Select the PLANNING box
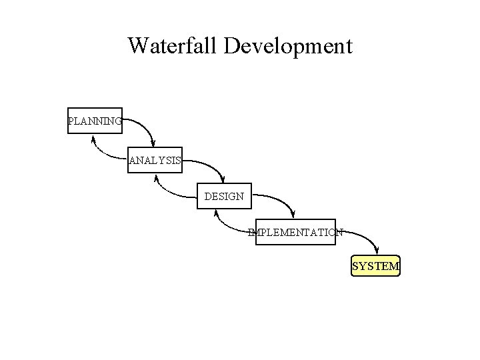click(95, 121)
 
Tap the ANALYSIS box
click(155, 159)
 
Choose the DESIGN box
click(224, 196)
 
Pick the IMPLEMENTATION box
click(295, 232)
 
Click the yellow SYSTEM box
click(375, 266)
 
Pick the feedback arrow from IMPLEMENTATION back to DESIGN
click(230, 227)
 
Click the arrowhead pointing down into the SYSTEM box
click(377, 251)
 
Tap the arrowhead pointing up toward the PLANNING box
click(93, 139)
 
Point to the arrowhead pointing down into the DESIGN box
click(223, 179)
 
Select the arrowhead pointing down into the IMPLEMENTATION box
click(294, 215)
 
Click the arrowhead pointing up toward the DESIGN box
click(216, 214)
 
